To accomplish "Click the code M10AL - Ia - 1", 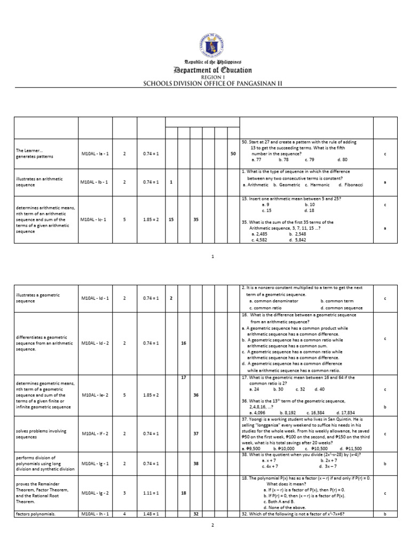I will (94, 154).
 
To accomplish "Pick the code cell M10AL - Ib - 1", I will (94, 182).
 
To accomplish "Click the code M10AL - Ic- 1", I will (94, 219).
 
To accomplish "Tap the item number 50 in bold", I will (233, 154).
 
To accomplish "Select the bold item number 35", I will (196, 219).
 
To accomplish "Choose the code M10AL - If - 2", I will (95, 433).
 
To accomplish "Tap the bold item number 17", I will (183, 378).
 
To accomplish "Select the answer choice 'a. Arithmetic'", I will (255, 185).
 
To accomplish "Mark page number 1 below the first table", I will (212, 257).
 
